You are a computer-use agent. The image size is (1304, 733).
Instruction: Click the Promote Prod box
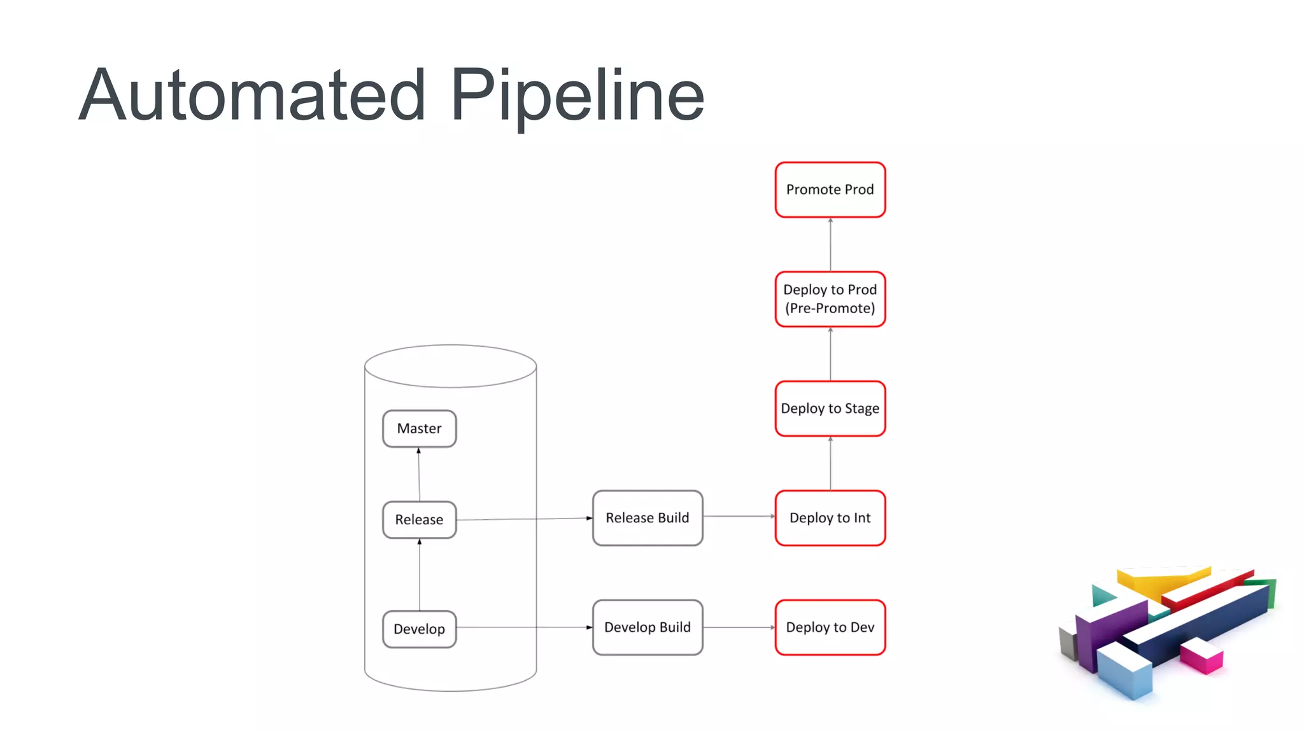tap(830, 190)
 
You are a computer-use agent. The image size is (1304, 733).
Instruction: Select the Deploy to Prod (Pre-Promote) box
tap(830, 299)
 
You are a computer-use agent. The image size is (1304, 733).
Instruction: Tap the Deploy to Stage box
tap(830, 408)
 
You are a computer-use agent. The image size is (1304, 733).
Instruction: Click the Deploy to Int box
tap(830, 518)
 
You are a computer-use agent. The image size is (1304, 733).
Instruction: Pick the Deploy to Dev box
tap(830, 627)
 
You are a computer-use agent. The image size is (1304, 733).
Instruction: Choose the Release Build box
tap(647, 518)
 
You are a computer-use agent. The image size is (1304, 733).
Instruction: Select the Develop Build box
tap(647, 627)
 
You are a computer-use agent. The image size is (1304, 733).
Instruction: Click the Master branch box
tap(419, 429)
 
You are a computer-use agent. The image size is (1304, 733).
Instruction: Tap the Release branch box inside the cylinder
tap(419, 520)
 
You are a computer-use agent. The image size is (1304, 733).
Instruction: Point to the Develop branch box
tap(419, 629)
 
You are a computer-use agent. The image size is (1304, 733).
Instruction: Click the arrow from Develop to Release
tap(420, 576)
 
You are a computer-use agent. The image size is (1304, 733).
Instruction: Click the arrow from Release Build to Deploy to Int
tap(739, 517)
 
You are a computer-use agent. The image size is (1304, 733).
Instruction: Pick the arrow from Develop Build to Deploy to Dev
tap(739, 627)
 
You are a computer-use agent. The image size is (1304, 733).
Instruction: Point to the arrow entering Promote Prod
tap(830, 244)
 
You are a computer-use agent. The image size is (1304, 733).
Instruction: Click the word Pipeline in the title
tap(577, 95)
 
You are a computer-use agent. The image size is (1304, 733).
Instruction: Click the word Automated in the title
tap(252, 95)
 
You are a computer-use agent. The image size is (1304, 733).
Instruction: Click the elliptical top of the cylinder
tap(450, 366)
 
